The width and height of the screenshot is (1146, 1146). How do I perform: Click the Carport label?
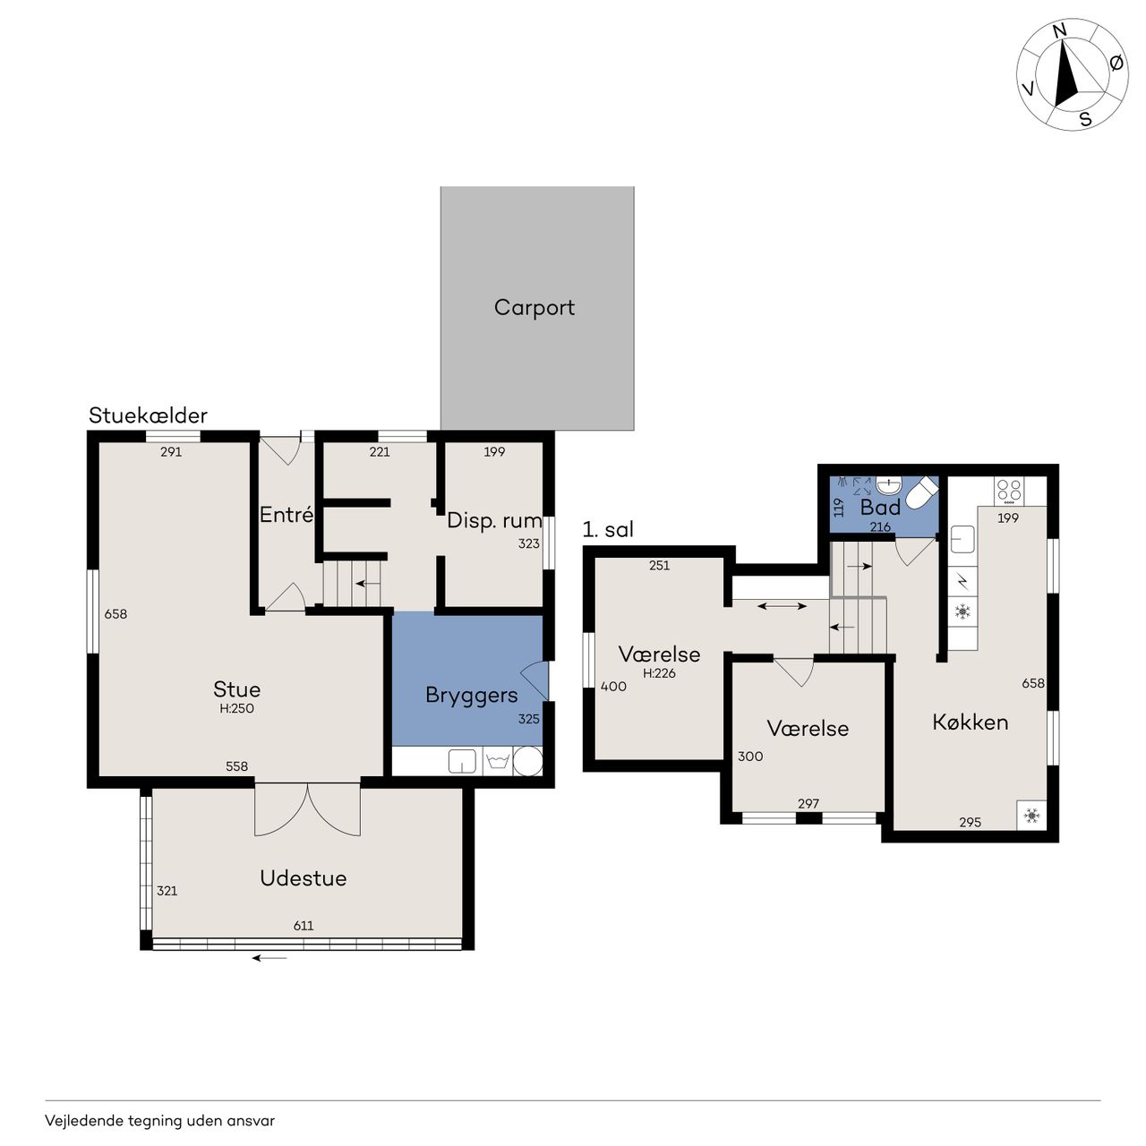534,307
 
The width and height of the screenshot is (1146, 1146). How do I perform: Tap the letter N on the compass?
1059,30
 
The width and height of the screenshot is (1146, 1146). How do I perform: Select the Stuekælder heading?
148,415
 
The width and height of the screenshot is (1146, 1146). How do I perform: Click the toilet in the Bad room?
921,493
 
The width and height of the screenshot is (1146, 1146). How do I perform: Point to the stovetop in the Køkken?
1009,491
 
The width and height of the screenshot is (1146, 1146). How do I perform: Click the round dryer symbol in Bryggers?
527,761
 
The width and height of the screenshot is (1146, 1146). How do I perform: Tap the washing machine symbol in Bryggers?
497,761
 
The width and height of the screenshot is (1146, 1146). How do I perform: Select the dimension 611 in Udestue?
304,926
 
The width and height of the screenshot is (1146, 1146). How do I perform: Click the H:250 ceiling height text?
236,708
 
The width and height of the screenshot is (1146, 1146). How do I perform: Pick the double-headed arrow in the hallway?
782,606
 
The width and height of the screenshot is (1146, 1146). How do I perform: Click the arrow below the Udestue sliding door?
269,958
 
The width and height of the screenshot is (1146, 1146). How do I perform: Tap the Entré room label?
286,515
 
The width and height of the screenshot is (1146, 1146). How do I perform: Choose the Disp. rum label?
494,521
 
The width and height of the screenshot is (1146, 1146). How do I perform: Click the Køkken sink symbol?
962,539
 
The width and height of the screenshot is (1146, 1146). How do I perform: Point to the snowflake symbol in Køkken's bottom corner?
1031,815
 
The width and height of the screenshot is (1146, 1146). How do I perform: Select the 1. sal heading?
608,529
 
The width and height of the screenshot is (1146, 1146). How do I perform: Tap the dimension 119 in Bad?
839,508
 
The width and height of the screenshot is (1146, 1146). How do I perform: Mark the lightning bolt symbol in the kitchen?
962,580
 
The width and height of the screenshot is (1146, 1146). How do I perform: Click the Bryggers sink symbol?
462,761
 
